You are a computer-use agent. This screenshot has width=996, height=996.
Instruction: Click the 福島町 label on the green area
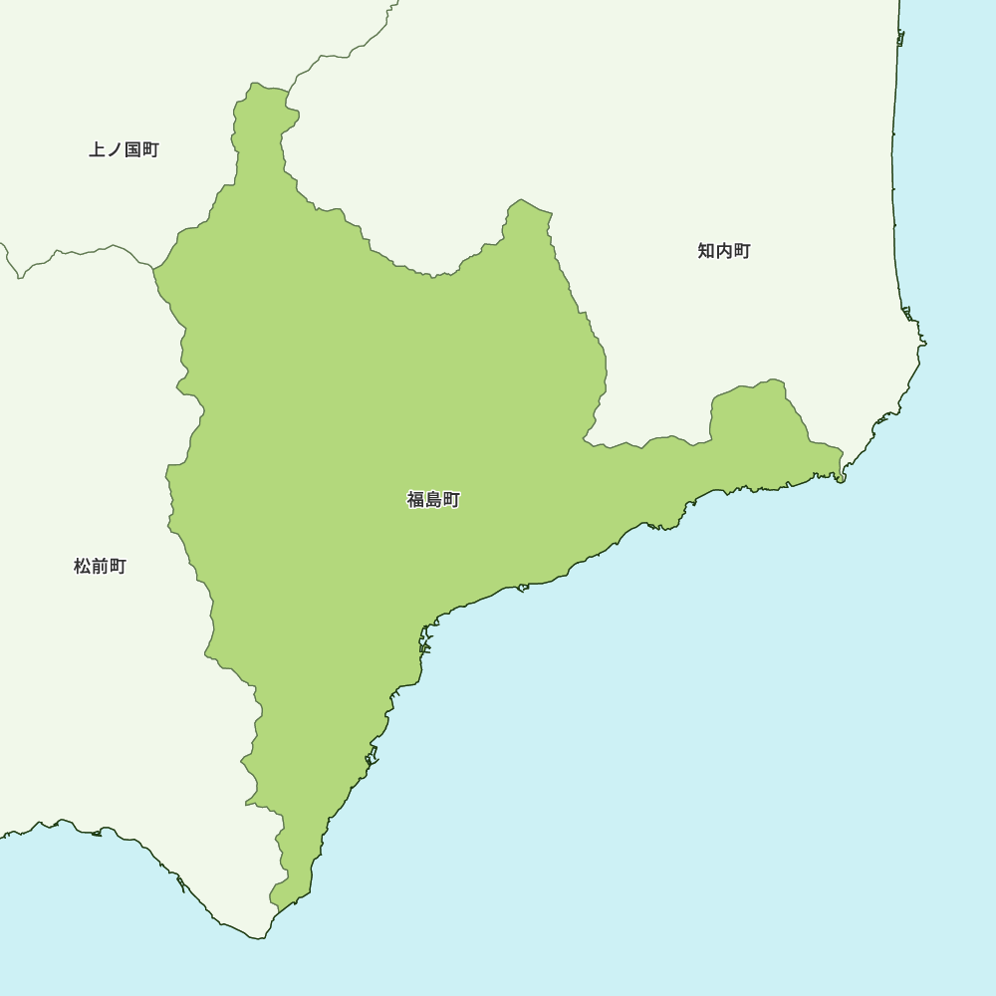(x=433, y=500)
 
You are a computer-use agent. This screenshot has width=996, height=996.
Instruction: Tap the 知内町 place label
(x=724, y=251)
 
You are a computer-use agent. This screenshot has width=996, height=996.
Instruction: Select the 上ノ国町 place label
(x=124, y=150)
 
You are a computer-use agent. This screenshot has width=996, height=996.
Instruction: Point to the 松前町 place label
(x=100, y=567)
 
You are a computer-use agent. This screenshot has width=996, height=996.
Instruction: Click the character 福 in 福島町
(x=415, y=500)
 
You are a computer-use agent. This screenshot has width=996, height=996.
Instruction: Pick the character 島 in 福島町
(x=433, y=500)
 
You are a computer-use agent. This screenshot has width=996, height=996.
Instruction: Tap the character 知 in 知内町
(x=706, y=251)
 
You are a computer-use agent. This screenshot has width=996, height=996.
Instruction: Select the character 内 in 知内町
(x=724, y=251)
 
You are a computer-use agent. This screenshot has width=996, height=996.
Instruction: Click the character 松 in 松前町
(x=82, y=567)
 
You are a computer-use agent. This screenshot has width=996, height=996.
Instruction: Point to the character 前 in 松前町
(x=100, y=567)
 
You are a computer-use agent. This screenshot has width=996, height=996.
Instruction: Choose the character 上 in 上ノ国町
(x=97, y=150)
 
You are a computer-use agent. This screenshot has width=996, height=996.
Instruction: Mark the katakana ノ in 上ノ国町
(x=115, y=150)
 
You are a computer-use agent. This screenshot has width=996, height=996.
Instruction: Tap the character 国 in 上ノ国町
(x=132, y=150)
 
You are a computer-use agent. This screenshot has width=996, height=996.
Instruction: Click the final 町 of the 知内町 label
(x=742, y=251)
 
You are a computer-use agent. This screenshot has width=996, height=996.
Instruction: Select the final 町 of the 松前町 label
(x=118, y=567)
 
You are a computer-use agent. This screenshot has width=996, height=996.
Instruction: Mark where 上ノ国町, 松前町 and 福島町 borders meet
(x=153, y=267)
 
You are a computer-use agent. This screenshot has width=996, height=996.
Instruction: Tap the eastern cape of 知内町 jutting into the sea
(x=924, y=343)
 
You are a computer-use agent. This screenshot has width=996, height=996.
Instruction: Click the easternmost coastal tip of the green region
(x=842, y=478)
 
